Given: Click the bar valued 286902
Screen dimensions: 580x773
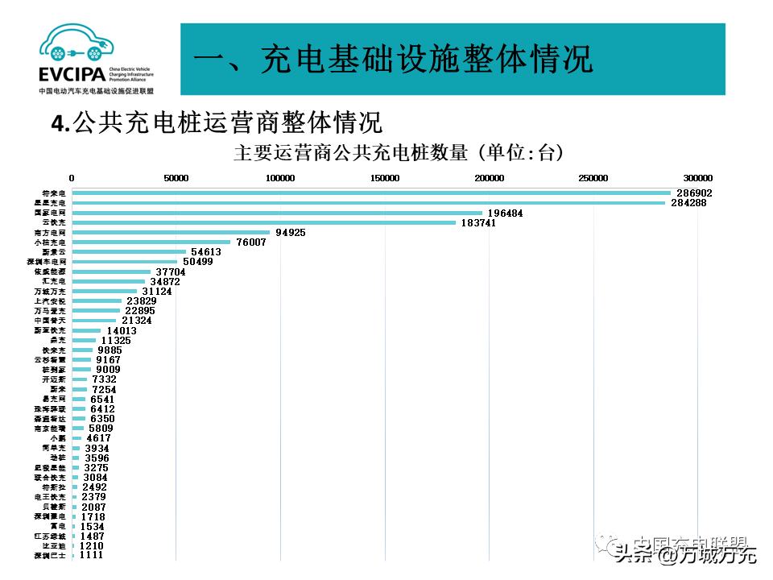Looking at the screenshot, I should pos(370,193).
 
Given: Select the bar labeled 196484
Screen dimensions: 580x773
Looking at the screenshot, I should pos(277,213).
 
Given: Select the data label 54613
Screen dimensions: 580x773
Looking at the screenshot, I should pos(206,252).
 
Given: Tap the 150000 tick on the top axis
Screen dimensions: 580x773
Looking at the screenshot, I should pos(385,178).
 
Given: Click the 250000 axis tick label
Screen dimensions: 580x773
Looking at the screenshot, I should pos(593,178).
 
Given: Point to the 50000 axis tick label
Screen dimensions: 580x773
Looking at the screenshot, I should pos(176,178).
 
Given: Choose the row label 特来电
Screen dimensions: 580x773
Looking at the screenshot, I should pos(54,193).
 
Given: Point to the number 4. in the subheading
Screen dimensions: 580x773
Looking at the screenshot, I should pos(60,122).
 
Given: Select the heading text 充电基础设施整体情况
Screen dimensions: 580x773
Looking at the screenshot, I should pos(427,60).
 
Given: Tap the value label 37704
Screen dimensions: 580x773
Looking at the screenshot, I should pos(171,271).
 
